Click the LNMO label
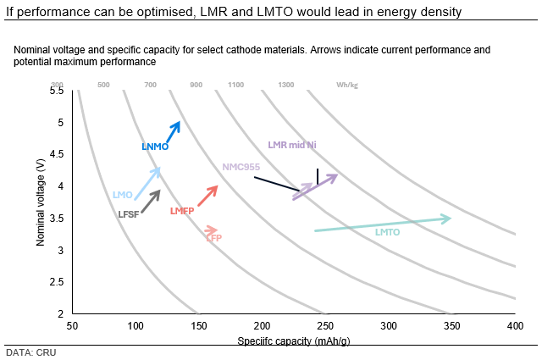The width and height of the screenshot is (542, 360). point(155,147)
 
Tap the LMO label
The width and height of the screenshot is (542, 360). point(122,195)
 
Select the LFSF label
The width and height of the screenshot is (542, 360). point(128,214)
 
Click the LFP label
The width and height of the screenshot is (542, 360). point(213,239)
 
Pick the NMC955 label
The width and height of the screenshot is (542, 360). point(241,167)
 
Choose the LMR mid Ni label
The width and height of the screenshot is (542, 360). point(291,145)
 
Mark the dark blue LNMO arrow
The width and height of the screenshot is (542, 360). point(172,132)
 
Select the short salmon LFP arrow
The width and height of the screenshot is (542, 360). point(212,230)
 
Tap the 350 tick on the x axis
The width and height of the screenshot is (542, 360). point(451,326)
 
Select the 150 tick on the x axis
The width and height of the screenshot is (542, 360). point(198,326)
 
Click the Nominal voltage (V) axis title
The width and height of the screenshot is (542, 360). point(40,202)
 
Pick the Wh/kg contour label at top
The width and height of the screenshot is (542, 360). point(346,85)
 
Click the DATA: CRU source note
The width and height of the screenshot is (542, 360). point(30,352)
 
